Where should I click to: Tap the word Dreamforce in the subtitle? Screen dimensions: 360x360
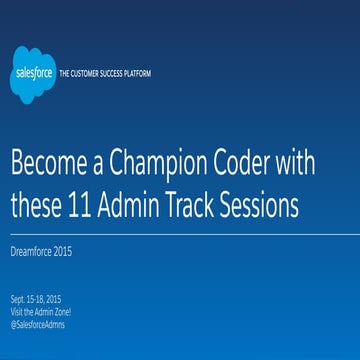pos(33,250)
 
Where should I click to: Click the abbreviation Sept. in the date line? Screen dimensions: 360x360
pos(19,298)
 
